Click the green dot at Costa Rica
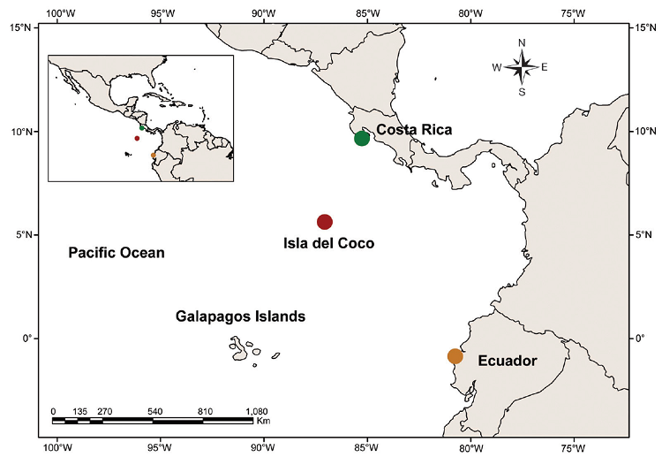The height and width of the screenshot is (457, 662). [362, 138]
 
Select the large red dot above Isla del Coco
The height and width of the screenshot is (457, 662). [325, 222]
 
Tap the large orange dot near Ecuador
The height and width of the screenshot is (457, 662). [455, 356]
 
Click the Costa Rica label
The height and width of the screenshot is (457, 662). [414, 130]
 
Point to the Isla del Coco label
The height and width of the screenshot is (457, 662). [328, 243]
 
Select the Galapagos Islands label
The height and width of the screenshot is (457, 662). [240, 316]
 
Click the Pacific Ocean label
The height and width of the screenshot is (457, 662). [117, 253]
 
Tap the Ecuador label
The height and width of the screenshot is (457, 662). [507, 361]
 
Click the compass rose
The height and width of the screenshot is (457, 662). [522, 66]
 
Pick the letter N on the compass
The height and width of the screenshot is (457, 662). [522, 42]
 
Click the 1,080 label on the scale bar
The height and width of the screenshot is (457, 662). [255, 411]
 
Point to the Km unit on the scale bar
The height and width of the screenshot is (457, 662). [263, 422]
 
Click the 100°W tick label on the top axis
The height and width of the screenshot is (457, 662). [58, 12]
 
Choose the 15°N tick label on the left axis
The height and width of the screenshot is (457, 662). [22, 27]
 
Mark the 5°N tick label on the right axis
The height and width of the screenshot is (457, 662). [643, 235]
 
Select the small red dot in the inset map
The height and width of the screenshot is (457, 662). [137, 138]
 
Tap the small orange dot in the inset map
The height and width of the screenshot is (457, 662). [153, 155]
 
